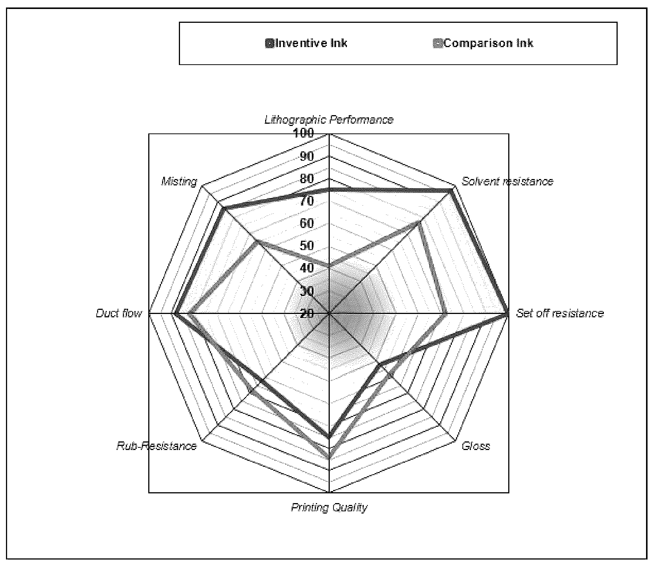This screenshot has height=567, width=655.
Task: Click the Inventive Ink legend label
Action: coord(311,43)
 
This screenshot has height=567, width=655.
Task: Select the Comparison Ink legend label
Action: coord(488,43)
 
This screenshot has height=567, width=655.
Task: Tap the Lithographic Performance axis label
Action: coord(329,120)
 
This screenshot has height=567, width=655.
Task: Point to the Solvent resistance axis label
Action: coord(507,181)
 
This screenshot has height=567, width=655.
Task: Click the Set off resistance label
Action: coord(560,313)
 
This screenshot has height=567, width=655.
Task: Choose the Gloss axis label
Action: coord(476,446)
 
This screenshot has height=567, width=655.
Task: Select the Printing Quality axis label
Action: coord(329,507)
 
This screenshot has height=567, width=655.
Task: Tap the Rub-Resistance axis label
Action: coord(156,446)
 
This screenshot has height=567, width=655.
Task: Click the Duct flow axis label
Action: coord(119,313)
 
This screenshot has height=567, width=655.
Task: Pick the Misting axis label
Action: coord(179,182)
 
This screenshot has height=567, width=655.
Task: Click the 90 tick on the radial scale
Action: coord(307,156)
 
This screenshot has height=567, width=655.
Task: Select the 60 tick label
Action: coord(307,223)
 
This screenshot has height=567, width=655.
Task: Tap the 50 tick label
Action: coord(307,246)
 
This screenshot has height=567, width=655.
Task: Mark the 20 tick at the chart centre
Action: coord(307,313)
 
